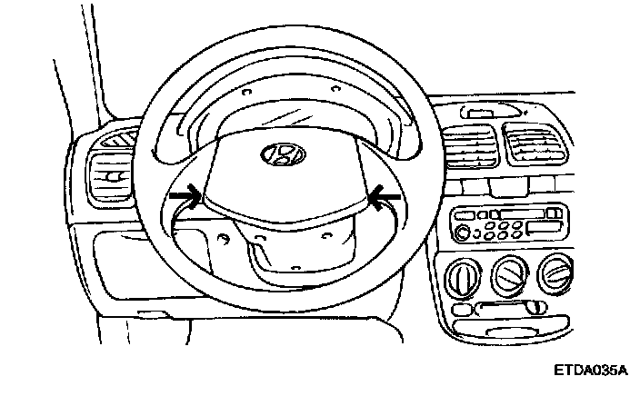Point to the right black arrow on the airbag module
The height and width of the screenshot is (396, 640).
coord(385,193)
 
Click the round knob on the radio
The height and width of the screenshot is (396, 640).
coord(465,235)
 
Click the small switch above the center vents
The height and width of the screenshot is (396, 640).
coord(476,112)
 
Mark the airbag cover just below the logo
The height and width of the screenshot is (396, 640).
coord(282,195)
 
